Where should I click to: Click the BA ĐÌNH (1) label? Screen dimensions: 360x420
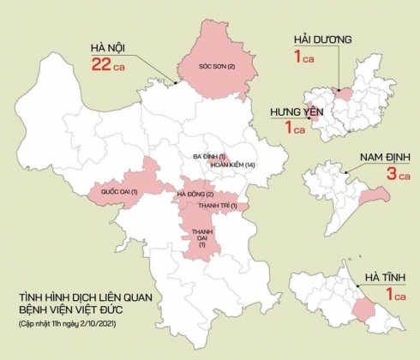click(x=208, y=156)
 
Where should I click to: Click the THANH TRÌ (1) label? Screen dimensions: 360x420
click(x=217, y=207)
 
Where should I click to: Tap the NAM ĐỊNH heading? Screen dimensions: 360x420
click(x=374, y=158)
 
